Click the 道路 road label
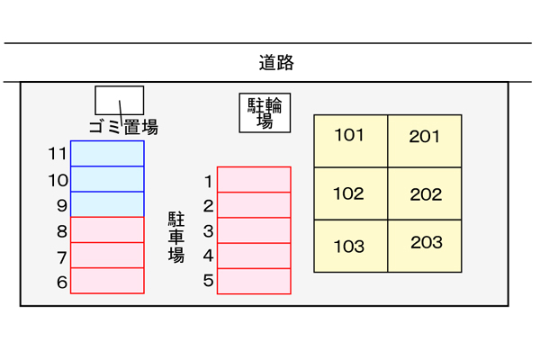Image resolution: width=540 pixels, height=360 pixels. point(276,64)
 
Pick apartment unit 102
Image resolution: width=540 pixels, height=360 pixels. point(350,193)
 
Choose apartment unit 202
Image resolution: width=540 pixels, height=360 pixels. point(425,193)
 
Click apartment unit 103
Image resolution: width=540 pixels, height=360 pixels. point(350,246)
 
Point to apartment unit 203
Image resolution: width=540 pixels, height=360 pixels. point(425,246)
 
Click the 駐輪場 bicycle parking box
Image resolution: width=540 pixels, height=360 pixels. point(265,113)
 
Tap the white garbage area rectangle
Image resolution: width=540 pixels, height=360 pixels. point(120,99)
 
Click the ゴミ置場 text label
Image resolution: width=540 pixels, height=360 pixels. point(124,128)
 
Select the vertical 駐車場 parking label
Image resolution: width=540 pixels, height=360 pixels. point(176,237)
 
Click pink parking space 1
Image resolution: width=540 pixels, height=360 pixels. point(254,179)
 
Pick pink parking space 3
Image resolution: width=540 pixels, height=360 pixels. point(254,230)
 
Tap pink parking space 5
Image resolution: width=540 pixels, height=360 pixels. point(254,282)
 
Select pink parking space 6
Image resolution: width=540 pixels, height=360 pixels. point(107,281)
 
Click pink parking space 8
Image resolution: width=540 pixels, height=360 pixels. point(107,229)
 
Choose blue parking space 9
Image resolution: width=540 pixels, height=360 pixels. point(107,204)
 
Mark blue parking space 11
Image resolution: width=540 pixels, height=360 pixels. point(107,153)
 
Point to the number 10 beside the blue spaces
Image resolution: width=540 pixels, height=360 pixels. point(58,180)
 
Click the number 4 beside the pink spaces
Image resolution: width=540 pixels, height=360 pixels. point(208,256)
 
